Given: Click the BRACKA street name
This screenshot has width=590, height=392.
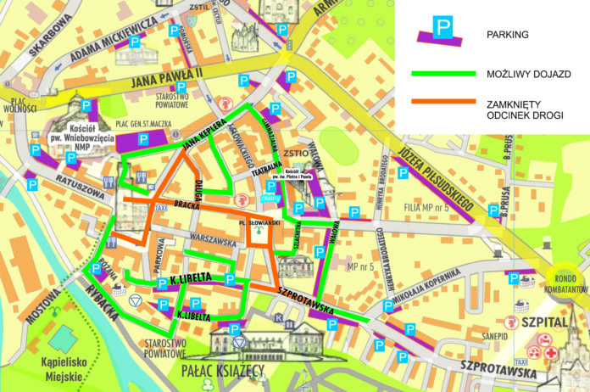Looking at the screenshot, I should (186, 204).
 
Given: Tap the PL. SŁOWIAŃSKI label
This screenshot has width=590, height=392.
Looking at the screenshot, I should (260, 225).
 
